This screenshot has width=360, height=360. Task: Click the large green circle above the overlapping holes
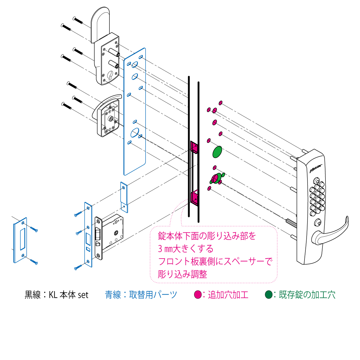point(217,152)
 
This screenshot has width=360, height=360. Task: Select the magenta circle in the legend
point(198,295)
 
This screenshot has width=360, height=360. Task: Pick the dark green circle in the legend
point(268,295)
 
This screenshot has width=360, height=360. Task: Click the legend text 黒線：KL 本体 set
point(56,295)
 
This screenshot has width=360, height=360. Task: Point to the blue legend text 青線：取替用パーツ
point(141,295)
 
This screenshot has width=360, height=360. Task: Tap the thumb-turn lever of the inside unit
point(106,103)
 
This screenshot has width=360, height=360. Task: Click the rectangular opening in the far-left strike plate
point(23,239)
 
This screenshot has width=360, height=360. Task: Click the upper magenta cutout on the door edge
point(194,147)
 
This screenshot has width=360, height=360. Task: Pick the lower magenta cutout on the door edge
point(194,198)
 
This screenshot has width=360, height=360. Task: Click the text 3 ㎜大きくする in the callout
point(185,249)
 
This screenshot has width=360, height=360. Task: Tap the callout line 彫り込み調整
point(182,274)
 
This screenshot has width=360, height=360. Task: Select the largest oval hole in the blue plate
point(135,133)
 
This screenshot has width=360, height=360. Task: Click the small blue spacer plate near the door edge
point(124,197)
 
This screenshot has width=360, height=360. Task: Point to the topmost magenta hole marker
point(220,103)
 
